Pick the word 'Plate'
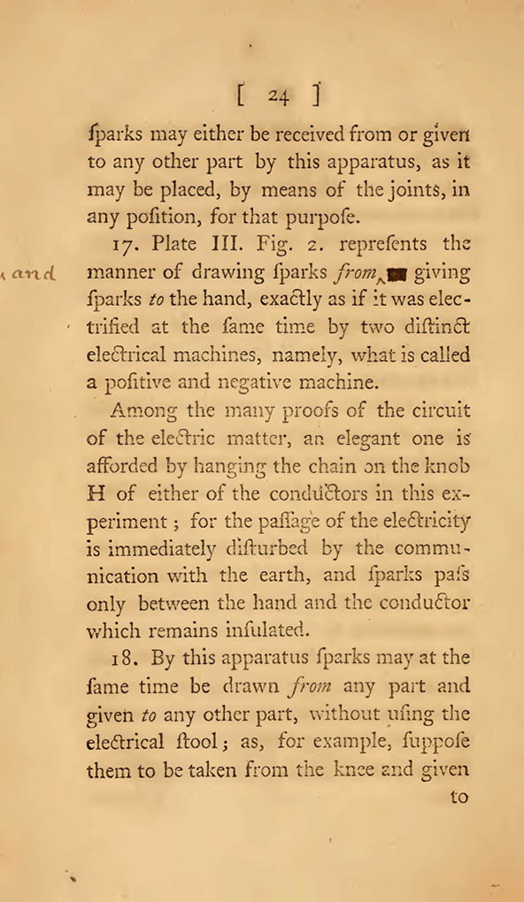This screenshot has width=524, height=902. tap(174, 244)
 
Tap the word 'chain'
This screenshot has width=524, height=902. tap(332, 466)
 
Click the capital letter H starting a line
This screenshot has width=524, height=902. tap(97, 493)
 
